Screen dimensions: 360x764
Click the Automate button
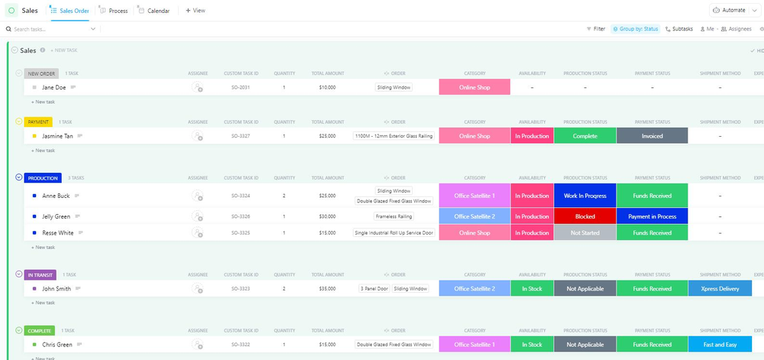coord(728,10)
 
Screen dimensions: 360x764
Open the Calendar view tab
coord(157,11)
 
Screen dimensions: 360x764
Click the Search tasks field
coord(50,29)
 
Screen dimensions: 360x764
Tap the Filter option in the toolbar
coord(595,29)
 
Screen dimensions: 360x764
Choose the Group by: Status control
coord(635,29)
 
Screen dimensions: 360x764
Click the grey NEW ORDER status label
coord(41,73)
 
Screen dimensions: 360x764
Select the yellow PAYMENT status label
coord(37,122)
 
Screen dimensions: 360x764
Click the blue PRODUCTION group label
coord(43,178)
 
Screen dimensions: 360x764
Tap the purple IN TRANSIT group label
coord(40,274)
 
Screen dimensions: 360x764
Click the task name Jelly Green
coord(57,216)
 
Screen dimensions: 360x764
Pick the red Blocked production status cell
coord(584,216)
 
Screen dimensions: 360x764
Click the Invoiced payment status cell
coord(652,136)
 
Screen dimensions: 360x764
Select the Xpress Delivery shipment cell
coord(719,289)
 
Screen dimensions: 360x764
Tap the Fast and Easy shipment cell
coord(719,345)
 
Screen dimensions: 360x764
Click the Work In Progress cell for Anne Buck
coord(584,196)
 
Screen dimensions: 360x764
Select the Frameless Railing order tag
coord(393,216)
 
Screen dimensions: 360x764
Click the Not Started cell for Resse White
coord(584,233)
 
